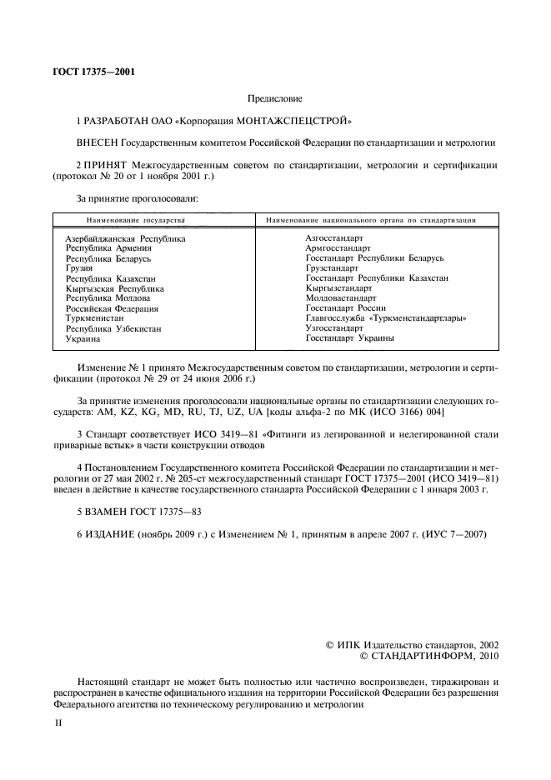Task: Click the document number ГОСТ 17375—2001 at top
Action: [93, 72]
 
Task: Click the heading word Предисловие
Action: [275, 98]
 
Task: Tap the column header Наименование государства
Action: [134, 221]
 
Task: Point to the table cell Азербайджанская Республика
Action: [125, 238]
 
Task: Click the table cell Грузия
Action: [79, 268]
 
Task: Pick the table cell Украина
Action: [83, 339]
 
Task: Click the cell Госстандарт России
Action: [346, 308]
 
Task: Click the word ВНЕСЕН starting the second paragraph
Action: [100, 142]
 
